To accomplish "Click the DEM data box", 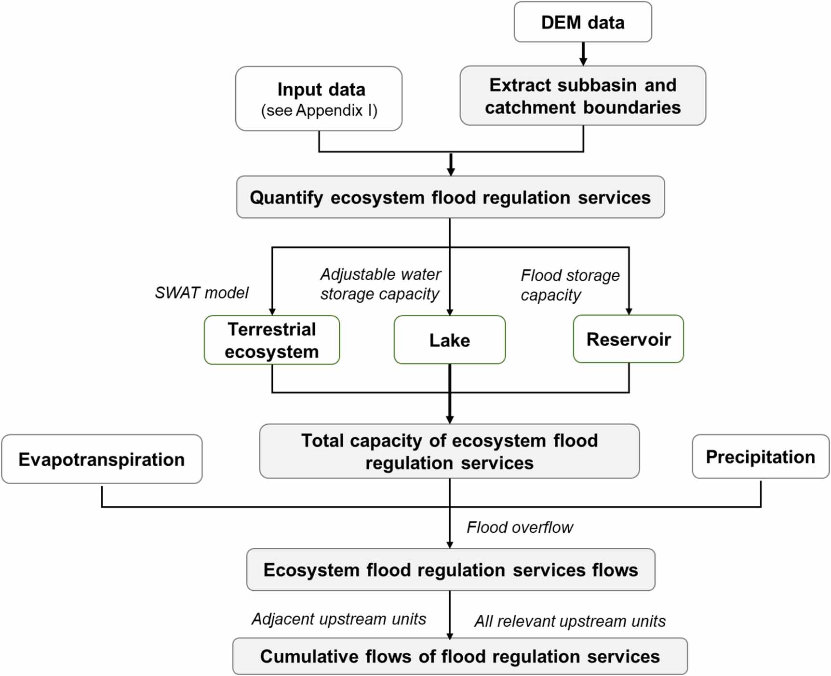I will tap(582, 22).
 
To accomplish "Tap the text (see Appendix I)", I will tap(319, 110).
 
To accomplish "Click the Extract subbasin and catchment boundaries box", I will tap(582, 96).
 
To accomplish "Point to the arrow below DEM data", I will tap(583, 54).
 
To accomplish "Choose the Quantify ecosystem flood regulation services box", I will tap(450, 197).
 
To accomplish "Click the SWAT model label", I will tap(201, 293).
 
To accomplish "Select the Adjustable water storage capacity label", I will tap(380, 284).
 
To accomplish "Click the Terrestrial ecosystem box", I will tap(271, 340).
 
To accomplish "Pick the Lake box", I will tap(449, 340).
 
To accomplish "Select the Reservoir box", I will tap(628, 339).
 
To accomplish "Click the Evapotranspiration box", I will tap(102, 460).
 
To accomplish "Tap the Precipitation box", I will tap(760, 457).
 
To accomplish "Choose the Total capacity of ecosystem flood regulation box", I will tap(449, 451).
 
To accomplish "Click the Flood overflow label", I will tap(519, 527).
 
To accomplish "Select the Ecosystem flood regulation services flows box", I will tap(450, 570).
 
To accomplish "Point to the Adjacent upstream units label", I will tap(338, 619).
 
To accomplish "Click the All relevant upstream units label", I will tap(569, 622).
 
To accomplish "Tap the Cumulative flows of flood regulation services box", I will tap(459, 656).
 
